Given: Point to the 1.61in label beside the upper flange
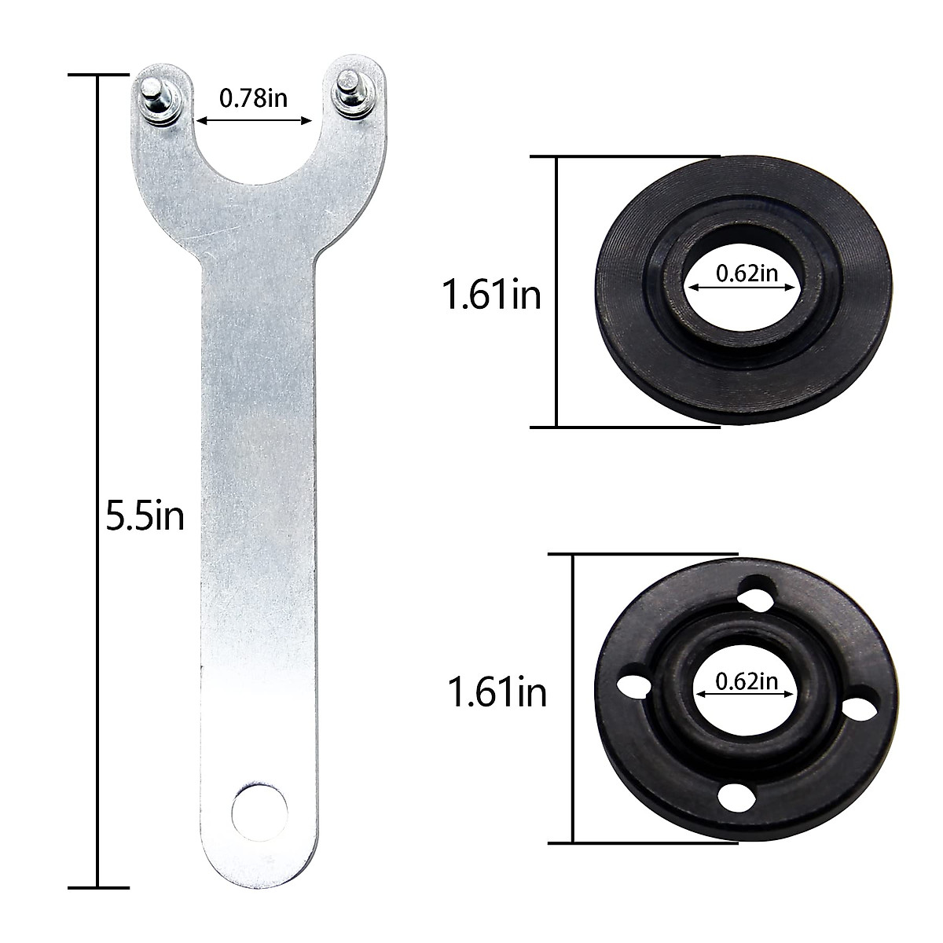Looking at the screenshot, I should click(492, 296).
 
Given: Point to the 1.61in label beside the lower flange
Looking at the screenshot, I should click(497, 693).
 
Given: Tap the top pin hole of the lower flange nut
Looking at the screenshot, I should click(755, 591).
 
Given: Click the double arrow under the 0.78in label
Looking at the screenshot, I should click(254, 121).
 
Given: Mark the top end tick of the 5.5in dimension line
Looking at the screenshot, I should click(98, 75).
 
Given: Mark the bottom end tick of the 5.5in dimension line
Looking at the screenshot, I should click(98, 886).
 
